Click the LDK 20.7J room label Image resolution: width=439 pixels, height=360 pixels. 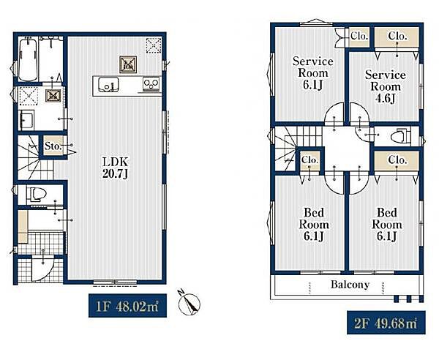click(x=116, y=168)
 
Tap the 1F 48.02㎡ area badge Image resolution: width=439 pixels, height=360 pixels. click(x=127, y=305)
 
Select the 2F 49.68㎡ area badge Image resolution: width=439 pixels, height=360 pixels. click(x=386, y=323)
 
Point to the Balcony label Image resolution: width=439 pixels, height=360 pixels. click(x=350, y=285)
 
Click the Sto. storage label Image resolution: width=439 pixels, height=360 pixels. click(x=53, y=146)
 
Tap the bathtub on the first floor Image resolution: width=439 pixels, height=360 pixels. click(x=28, y=59)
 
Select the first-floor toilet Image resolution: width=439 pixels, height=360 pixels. click(x=37, y=194)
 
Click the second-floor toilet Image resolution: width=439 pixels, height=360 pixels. click(x=400, y=136)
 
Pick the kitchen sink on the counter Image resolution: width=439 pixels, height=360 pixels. click(x=108, y=85)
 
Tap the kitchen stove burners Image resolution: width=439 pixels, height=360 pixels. click(x=151, y=83)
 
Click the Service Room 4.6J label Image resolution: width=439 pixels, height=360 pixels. click(x=386, y=86)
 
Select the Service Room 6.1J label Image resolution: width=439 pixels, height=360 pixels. click(x=312, y=73)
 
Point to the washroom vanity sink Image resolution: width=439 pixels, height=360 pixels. click(x=26, y=119)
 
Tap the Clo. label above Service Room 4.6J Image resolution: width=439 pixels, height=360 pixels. click(x=397, y=36)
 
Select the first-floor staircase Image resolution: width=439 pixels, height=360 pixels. click(x=36, y=157)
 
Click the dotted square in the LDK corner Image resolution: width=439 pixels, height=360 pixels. click(x=154, y=45)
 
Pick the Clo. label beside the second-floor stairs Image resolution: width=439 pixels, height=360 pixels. click(x=309, y=160)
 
